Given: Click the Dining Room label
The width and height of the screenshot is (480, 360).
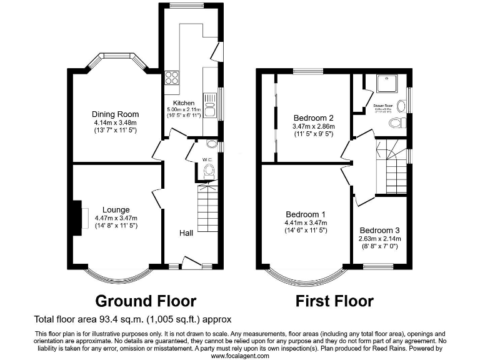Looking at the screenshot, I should (115, 114).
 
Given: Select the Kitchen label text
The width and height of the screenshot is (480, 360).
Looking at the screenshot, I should (184, 103).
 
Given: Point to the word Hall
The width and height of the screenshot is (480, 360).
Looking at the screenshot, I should (186, 232).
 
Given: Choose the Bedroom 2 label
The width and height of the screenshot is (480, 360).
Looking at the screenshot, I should (313, 117).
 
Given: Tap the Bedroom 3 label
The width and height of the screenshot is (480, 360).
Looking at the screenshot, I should (379, 230).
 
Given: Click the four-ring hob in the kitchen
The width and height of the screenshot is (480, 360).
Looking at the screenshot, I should (172, 79).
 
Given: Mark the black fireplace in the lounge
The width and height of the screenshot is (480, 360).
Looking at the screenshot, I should (76, 217).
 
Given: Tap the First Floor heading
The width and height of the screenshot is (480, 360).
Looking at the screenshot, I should (334, 302).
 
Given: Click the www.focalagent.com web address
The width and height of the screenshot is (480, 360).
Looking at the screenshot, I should (240, 355).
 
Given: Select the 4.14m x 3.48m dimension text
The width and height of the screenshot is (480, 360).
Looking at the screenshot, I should (115, 123).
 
